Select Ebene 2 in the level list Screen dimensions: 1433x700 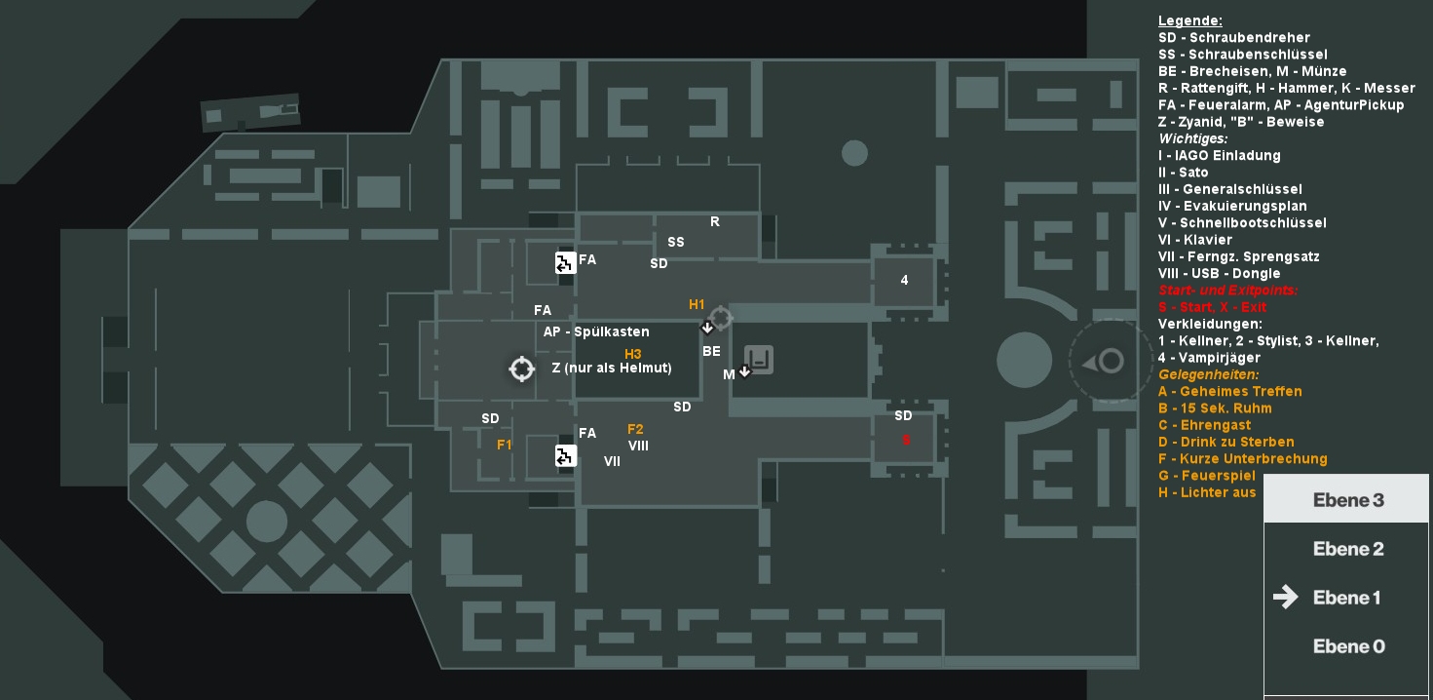[x=1348, y=549]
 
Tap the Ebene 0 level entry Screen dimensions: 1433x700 [x=1348, y=646]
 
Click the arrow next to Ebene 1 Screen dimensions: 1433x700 [x=1285, y=597]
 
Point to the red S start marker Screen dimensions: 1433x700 [x=906, y=440]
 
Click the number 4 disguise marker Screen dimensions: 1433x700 [x=904, y=280]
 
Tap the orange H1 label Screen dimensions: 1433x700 [x=696, y=304]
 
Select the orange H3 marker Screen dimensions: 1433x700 [x=632, y=354]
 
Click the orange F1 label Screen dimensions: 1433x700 [x=504, y=445]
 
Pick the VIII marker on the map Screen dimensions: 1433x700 [x=638, y=446]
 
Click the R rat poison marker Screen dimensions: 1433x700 [x=715, y=221]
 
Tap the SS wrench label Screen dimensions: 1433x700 [x=675, y=242]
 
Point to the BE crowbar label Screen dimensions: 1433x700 [x=711, y=351]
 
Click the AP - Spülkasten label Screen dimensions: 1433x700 [x=596, y=331]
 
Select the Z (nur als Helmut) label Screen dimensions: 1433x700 [x=612, y=368]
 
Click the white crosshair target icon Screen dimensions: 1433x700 [x=521, y=369]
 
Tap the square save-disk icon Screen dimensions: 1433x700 [x=759, y=360]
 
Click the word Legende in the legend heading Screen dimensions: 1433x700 [x=1189, y=20]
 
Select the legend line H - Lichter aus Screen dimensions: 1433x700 [x=1207, y=492]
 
